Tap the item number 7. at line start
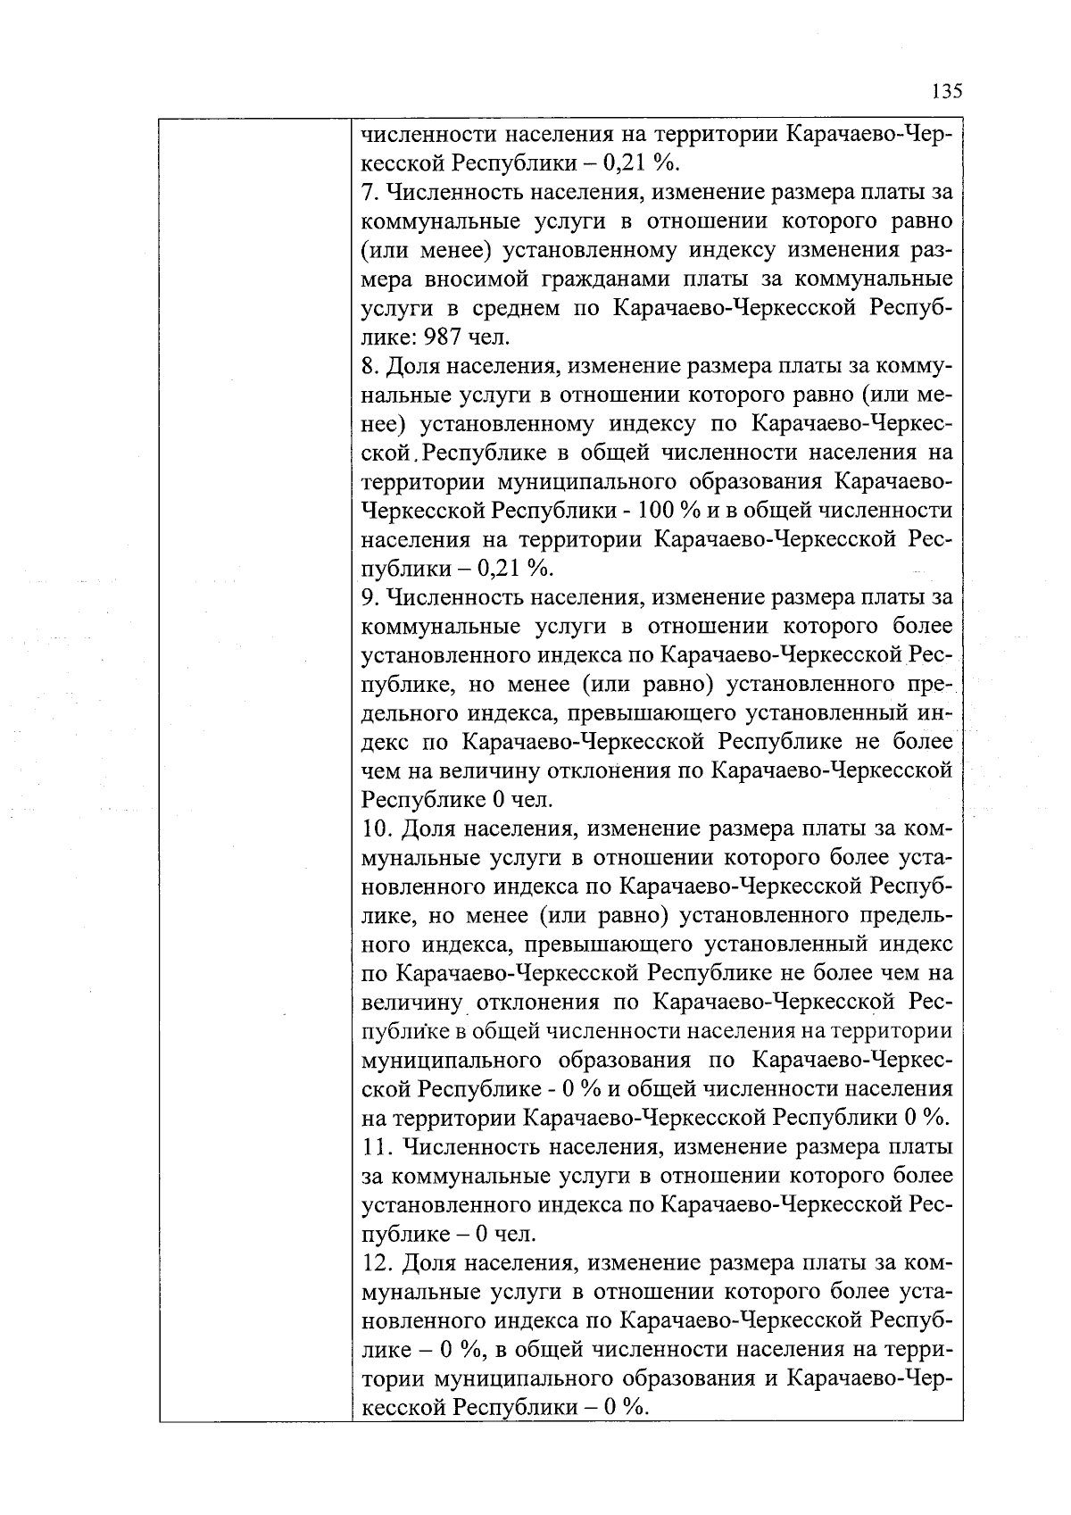point(370,193)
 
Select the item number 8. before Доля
point(370,367)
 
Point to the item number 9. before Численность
point(370,597)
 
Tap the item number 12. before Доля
point(378,1263)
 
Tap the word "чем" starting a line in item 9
point(381,771)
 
